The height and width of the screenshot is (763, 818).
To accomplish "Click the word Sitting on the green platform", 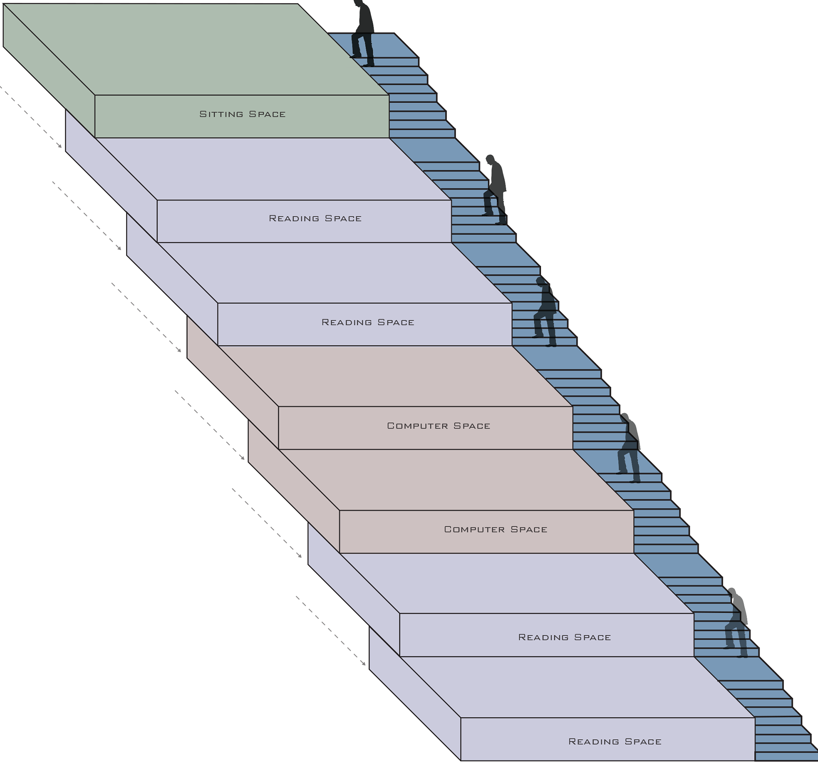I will pos(221,114).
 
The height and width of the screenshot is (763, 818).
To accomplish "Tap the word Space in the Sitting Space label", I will pos(267,114).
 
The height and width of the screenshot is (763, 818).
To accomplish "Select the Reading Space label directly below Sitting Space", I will pos(315,218).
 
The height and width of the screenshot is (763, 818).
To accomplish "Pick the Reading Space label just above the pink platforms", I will pos(368,322).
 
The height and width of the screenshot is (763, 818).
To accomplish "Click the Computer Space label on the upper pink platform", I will pos(438,426).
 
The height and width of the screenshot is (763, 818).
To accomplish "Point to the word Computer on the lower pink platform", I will pos(474,529).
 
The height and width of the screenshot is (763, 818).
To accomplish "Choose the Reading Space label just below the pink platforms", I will pos(565,637).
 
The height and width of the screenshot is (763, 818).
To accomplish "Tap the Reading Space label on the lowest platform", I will pos(615,741).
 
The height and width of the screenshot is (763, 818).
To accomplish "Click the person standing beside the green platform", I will pos(363,34).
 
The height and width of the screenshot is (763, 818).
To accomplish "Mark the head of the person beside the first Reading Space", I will pos(490,159).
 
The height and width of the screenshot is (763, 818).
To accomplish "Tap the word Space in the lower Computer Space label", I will pos(529,529).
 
